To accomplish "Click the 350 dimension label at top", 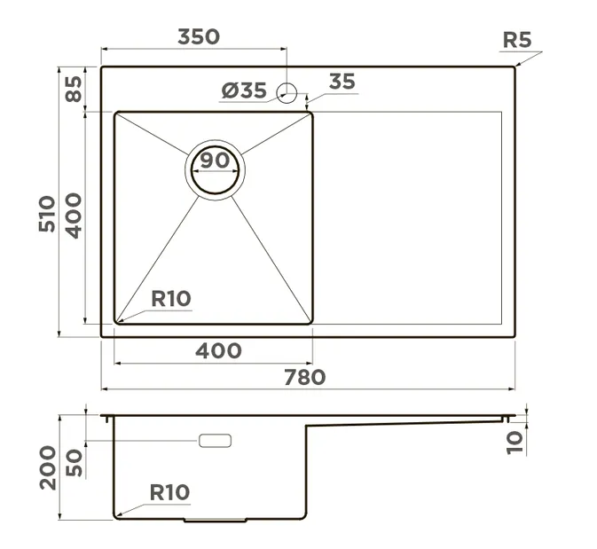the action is pos(199,37).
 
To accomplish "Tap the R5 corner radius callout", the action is pos(516,40).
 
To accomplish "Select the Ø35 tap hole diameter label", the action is pos(244,90).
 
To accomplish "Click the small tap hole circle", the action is pos(287,93).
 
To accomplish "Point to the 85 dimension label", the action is pos(74,89).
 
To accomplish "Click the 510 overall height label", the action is pos(47,214).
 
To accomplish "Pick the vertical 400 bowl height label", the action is pos(73,216).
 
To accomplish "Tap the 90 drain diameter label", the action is pos(216,161).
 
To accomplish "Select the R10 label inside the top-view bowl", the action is pos(171,299).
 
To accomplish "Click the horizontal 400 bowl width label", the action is pos(218,350).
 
